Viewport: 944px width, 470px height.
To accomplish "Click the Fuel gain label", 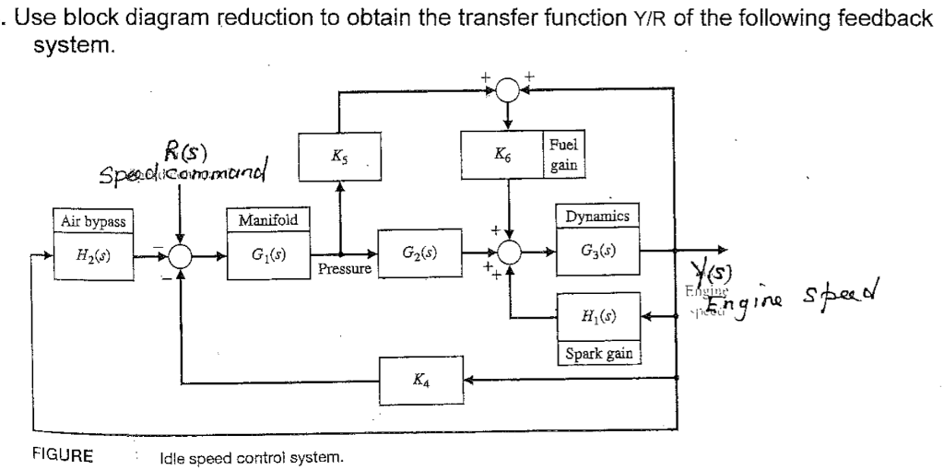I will pyautogui.click(x=564, y=156).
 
